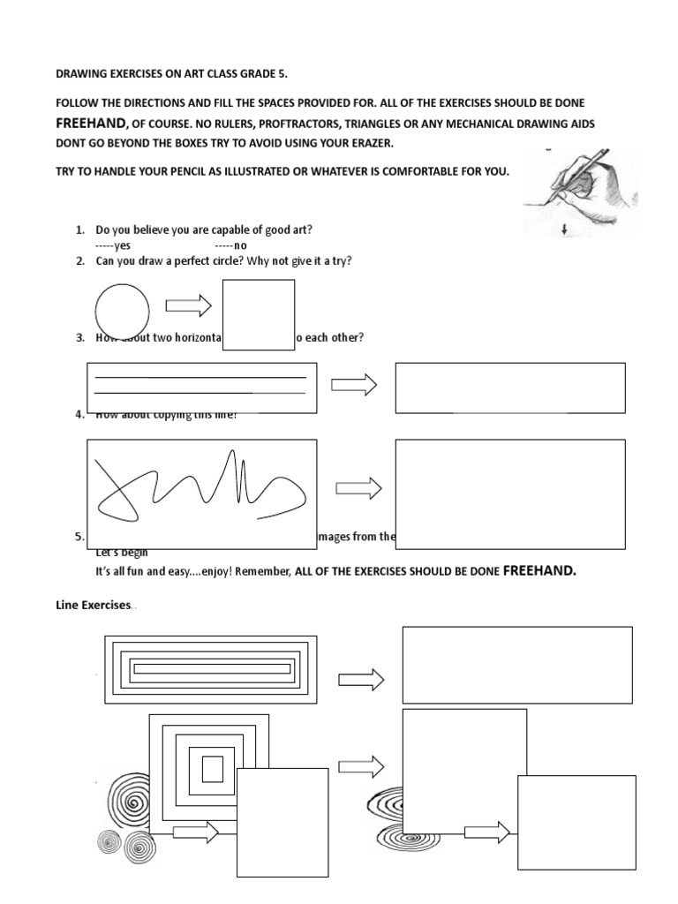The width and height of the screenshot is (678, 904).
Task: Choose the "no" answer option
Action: tap(232, 246)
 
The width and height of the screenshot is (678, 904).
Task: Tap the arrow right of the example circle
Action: tap(188, 305)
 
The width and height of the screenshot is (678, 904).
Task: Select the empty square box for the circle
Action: tap(259, 315)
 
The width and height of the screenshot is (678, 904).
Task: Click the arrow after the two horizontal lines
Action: tap(354, 385)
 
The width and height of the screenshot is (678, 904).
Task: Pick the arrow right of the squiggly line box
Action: tap(358, 488)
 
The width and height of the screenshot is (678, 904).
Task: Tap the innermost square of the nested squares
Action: tap(213, 770)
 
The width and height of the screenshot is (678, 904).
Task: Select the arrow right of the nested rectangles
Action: tap(361, 679)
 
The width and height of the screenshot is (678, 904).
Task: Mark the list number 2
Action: tap(80, 261)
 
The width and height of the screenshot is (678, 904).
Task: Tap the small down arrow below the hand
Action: tap(562, 230)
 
